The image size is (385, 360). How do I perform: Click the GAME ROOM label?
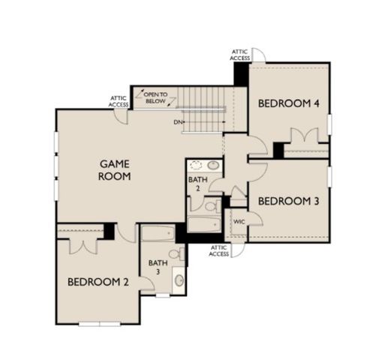pos(115,169)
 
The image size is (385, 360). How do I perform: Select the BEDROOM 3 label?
pos(284,201)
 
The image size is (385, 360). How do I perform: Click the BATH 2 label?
pos(194,184)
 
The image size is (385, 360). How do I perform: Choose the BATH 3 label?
pos(157,268)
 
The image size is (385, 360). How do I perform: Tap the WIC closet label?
pos(239,223)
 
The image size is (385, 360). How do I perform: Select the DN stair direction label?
pos(178,122)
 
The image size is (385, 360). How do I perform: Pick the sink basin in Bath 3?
pos(178,281)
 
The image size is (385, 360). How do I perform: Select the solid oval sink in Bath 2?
pos(213,166)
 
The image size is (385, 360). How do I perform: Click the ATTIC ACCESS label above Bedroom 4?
pos(240,55)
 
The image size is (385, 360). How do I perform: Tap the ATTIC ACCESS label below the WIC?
pos(218,250)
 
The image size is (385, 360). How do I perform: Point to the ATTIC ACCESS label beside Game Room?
pos(119,101)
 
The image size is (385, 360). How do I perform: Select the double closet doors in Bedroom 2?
pos(79,244)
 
